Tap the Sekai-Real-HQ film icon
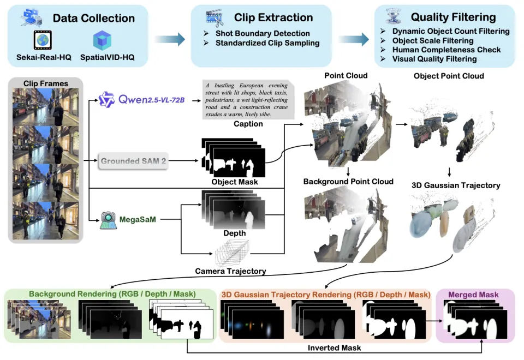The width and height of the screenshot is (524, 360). click(42, 40)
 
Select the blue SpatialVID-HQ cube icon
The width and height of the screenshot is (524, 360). click(102, 40)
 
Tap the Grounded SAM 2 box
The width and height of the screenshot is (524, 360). click(133, 161)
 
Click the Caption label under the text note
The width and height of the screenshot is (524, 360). click(248, 124)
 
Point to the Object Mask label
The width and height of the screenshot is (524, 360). click(234, 182)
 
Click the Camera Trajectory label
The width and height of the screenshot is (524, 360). click(230, 271)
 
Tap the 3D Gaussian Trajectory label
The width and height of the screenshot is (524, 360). click(456, 185)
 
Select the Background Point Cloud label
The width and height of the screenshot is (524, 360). click(348, 181)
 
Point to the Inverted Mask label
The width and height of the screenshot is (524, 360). click(335, 347)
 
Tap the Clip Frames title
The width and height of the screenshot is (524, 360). click(46, 83)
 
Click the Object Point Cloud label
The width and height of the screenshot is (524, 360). click(449, 76)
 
